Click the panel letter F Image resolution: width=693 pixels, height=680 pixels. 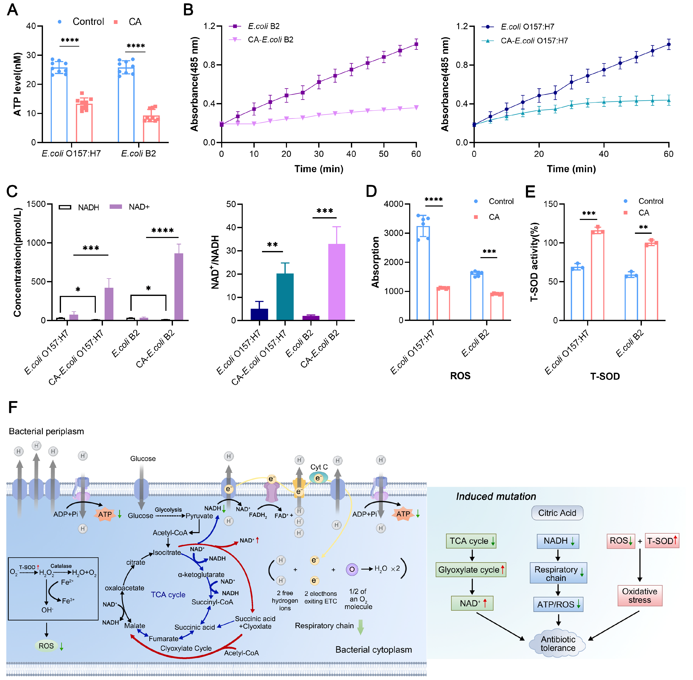13,407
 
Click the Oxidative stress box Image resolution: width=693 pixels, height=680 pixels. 640,595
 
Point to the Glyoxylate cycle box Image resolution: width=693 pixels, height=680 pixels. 471,570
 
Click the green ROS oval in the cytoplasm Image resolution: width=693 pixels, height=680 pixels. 46,646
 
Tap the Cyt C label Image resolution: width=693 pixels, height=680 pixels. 319,467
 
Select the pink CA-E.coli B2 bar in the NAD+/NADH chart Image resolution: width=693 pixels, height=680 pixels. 336,282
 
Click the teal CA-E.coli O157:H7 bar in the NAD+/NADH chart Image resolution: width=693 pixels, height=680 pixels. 285,296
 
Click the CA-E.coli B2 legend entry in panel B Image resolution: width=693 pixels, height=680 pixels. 270,40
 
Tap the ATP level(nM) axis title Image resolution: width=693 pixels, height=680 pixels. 17,84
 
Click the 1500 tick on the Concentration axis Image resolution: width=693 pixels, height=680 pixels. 36,204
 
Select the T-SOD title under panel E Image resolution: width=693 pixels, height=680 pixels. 605,376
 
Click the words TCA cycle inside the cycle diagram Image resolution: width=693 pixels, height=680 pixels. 168,595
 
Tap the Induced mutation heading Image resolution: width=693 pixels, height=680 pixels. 496,496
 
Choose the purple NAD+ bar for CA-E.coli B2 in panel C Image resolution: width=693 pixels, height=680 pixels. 179,286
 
